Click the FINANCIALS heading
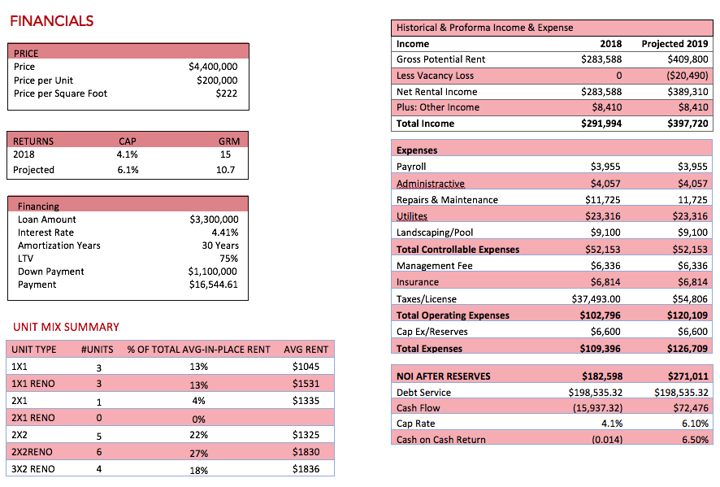click(51, 20)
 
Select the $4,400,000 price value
click(213, 67)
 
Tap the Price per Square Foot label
click(60, 93)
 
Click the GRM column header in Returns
click(229, 141)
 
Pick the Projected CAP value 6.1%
click(128, 170)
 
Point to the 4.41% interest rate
click(225, 233)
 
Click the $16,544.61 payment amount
click(214, 285)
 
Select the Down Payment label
click(51, 272)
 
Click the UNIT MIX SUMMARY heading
click(66, 327)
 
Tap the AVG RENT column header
click(306, 350)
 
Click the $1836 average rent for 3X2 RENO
click(306, 469)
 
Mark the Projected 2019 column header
click(675, 44)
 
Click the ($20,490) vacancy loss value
click(687, 76)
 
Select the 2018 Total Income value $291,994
click(601, 124)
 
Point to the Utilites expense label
click(412, 216)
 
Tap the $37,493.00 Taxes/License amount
click(596, 299)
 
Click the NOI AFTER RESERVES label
click(444, 376)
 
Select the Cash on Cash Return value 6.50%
click(695, 440)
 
